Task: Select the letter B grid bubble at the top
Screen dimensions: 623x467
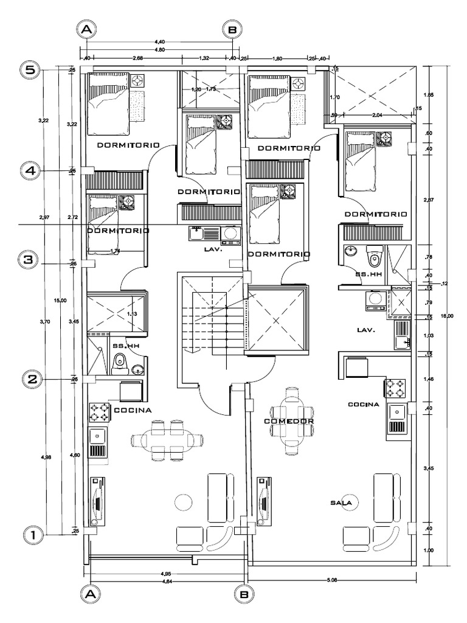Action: [x=233, y=29]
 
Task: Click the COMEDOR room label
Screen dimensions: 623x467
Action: [x=288, y=421]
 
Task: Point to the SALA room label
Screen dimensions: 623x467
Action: [x=342, y=503]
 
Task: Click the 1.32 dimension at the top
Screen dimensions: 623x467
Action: [x=204, y=58]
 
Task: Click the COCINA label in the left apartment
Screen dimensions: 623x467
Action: [x=133, y=410]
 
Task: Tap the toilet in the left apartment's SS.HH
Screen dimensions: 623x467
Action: [x=120, y=363]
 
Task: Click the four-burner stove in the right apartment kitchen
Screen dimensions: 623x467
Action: [x=393, y=387]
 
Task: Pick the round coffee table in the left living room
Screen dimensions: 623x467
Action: [x=182, y=503]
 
